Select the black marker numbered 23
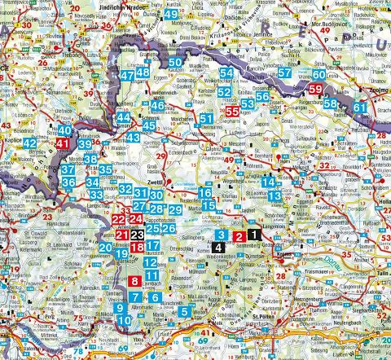[x=138, y=236]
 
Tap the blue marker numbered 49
[x=171, y=15]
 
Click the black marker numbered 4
[x=218, y=244]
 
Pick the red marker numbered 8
[x=134, y=282]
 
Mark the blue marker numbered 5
[x=186, y=311]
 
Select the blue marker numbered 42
[x=30, y=144]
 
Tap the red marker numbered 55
[x=233, y=111]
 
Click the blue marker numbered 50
[x=176, y=63]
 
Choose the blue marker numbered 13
[x=279, y=195]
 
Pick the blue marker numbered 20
[x=105, y=248]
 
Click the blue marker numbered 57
[x=284, y=72]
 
